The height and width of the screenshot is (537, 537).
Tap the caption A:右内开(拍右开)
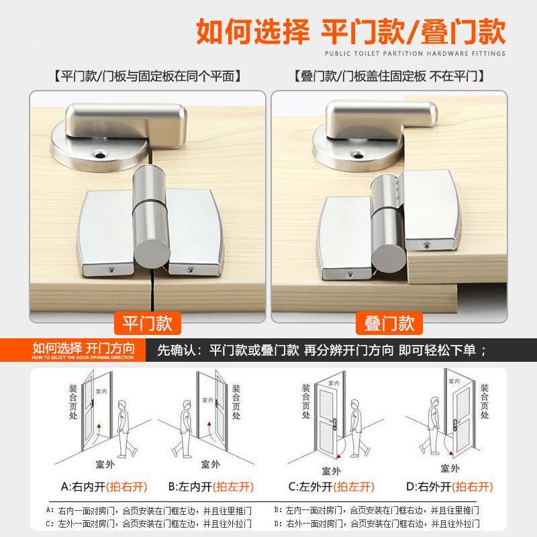coord(104,486)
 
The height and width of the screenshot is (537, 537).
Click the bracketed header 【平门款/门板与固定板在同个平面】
coord(148,76)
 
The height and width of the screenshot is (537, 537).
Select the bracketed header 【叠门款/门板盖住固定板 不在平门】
coord(390,76)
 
